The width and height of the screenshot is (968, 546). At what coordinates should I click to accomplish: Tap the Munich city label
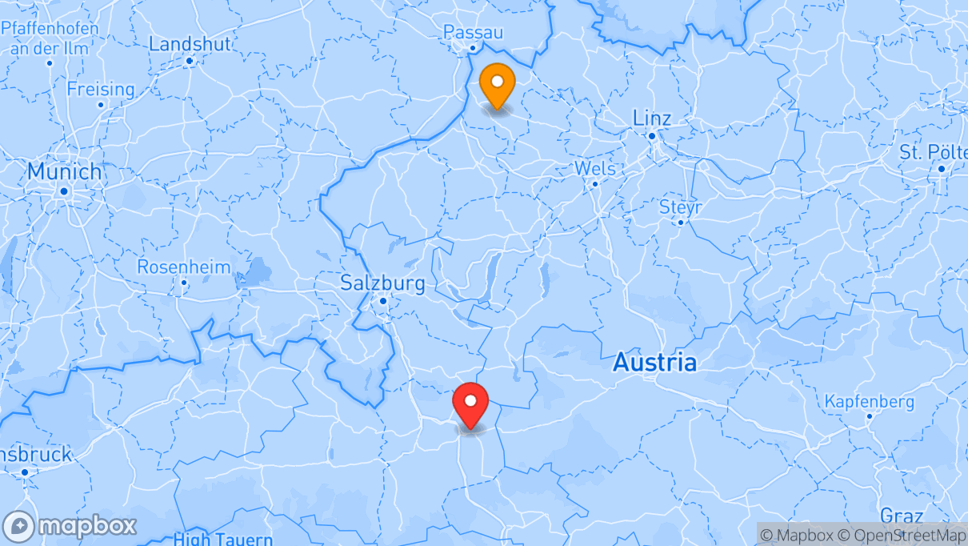coord(65,171)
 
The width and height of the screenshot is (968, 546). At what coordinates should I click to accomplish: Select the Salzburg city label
coord(382,283)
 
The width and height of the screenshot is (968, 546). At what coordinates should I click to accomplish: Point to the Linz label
coord(651,118)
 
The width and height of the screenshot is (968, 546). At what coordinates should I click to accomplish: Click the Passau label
coord(473,32)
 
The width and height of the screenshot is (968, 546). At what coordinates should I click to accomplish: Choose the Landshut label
coord(190,43)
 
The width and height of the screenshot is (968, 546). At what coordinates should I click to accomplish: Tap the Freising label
coord(100,89)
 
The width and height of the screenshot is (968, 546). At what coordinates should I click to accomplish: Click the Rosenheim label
coord(183,267)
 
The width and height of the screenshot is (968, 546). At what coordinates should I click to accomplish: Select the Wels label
coord(595,168)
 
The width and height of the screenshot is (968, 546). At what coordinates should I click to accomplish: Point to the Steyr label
coord(680,207)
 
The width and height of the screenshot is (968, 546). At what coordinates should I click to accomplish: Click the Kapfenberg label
coord(870,401)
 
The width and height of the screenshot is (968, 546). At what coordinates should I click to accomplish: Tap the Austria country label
coord(654,363)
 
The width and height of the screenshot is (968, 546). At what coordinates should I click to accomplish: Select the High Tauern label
coord(223,539)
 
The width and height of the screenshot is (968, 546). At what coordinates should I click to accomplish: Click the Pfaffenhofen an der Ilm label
coord(50,38)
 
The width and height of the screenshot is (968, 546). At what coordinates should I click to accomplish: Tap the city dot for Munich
coord(63,191)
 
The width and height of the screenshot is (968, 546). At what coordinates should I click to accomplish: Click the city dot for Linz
coord(652,136)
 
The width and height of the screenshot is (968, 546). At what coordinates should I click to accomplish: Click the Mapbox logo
coord(70,526)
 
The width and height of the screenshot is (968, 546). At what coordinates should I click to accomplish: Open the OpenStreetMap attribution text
coord(897,535)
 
